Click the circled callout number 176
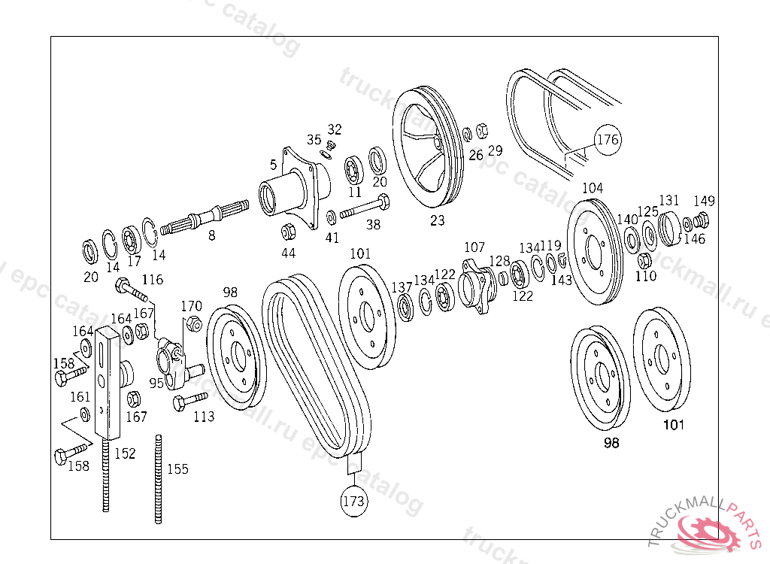pyautogui.click(x=608, y=140)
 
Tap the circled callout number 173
pyautogui.click(x=353, y=501)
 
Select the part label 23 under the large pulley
pyautogui.click(x=438, y=220)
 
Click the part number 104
pyautogui.click(x=593, y=188)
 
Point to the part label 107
pyautogui.click(x=474, y=247)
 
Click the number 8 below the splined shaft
pyautogui.click(x=212, y=235)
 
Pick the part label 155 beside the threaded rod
pyautogui.click(x=177, y=469)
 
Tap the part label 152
pyautogui.click(x=125, y=453)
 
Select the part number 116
pyautogui.click(x=152, y=280)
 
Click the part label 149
pyautogui.click(x=704, y=201)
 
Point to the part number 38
pyautogui.click(x=373, y=224)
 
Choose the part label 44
pyautogui.click(x=288, y=253)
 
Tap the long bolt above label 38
pyautogui.click(x=365, y=208)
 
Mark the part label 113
pyautogui.click(x=203, y=417)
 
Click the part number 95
pyautogui.click(x=156, y=383)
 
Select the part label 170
pyautogui.click(x=192, y=306)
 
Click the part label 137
pyautogui.click(x=402, y=287)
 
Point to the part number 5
pyautogui.click(x=274, y=164)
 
